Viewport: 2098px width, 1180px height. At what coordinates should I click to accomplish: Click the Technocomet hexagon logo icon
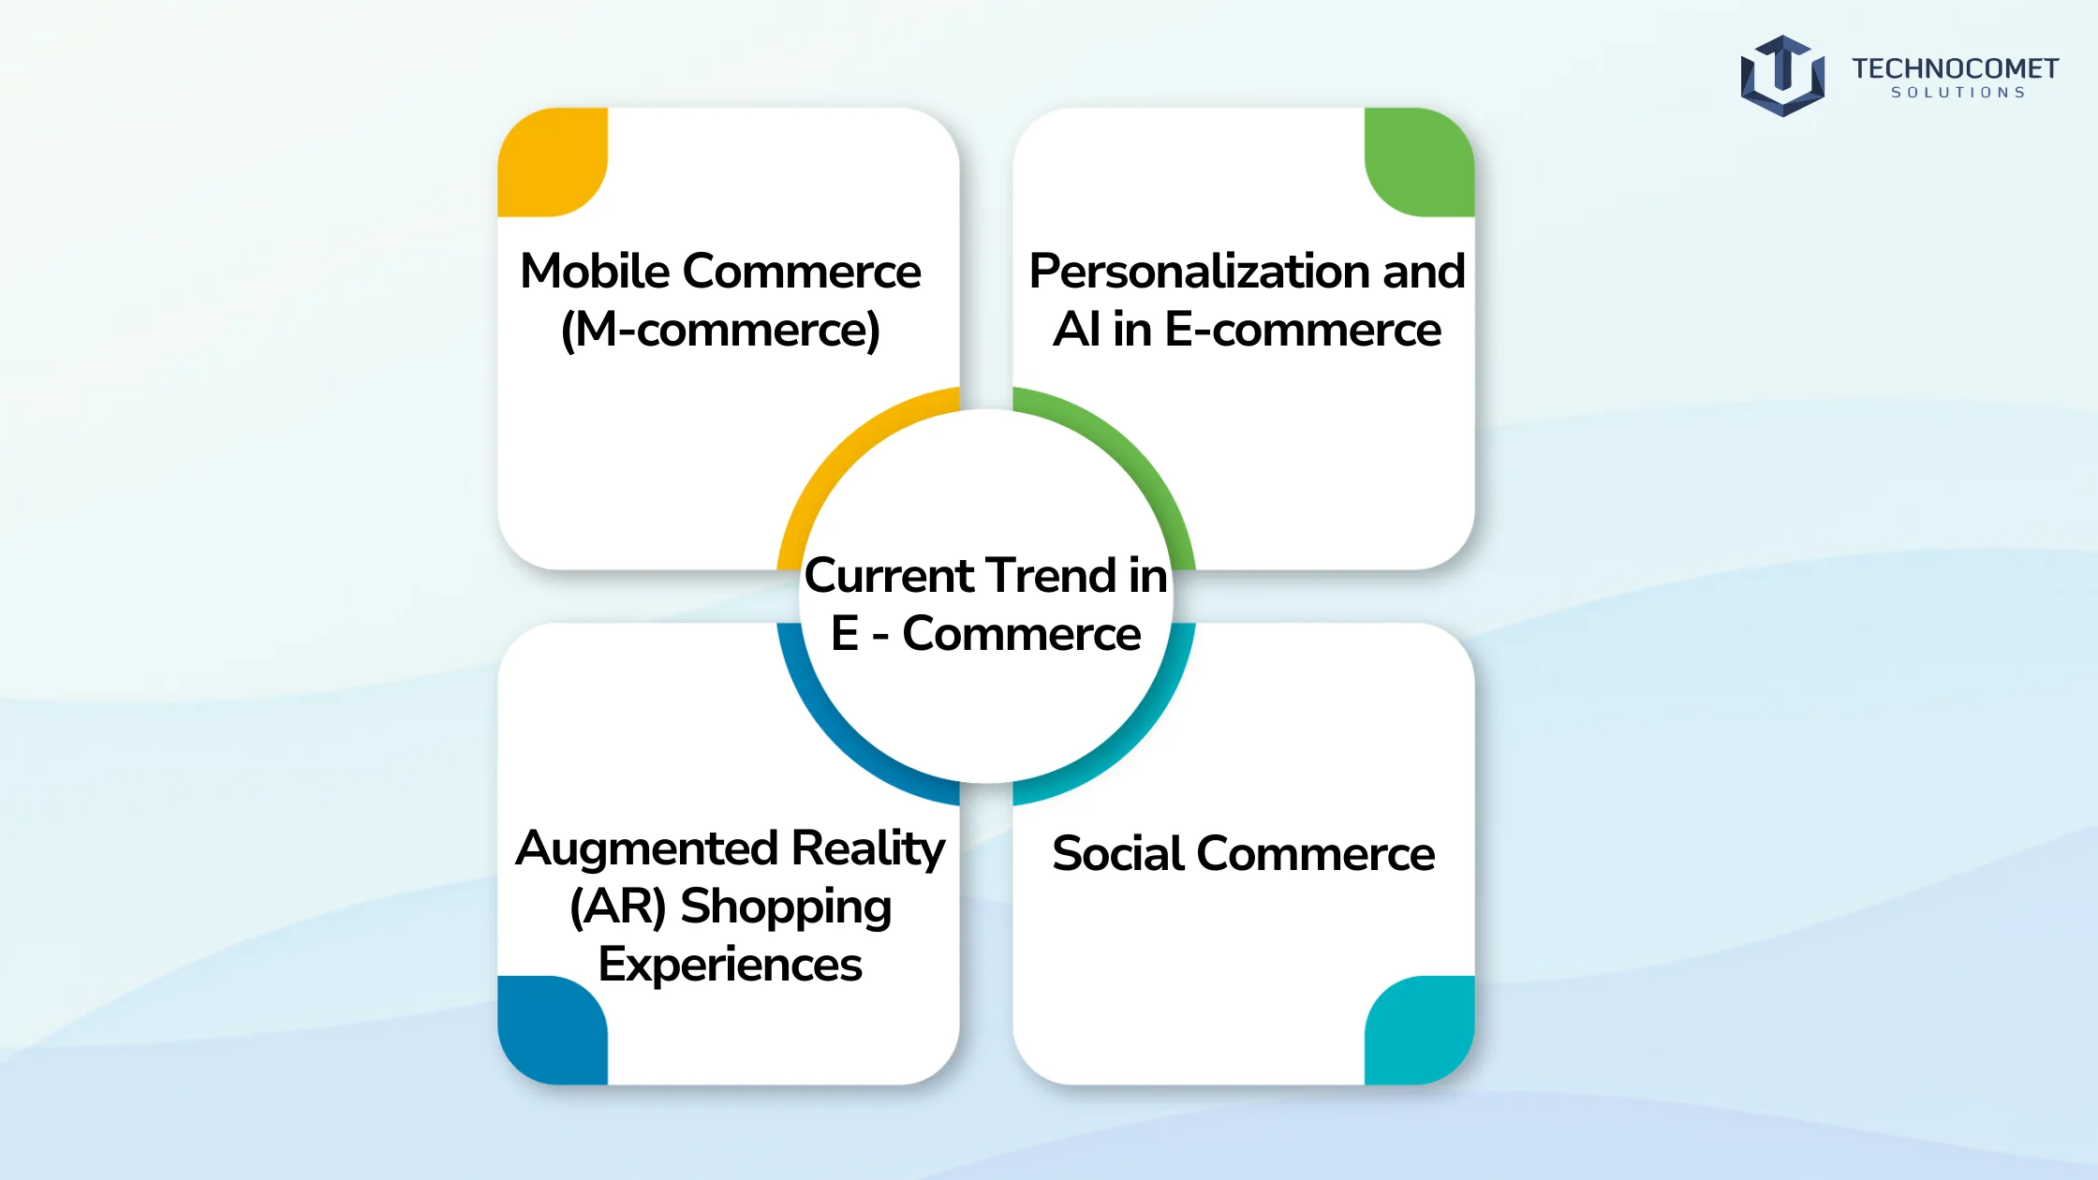[x=1782, y=76]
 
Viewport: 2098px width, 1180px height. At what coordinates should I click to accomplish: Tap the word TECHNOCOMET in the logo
[x=1955, y=68]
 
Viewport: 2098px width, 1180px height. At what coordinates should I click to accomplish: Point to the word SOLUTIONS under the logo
[x=1958, y=93]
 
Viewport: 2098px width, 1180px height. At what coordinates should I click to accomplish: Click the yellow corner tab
[x=553, y=162]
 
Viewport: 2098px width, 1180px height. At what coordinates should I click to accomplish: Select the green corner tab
[x=1420, y=162]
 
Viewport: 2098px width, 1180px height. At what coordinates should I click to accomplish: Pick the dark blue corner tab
[x=553, y=1030]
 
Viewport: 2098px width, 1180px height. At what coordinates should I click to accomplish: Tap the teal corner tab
[x=1420, y=1030]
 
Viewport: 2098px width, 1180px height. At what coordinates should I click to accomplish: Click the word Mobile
[x=595, y=271]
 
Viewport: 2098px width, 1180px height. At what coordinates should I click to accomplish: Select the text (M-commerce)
[x=720, y=330]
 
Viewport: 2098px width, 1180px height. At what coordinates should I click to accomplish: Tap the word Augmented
[x=647, y=849]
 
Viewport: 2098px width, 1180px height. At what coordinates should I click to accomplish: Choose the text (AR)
[x=618, y=907]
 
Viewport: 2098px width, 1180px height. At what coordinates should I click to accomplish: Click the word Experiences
[x=731, y=965]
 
